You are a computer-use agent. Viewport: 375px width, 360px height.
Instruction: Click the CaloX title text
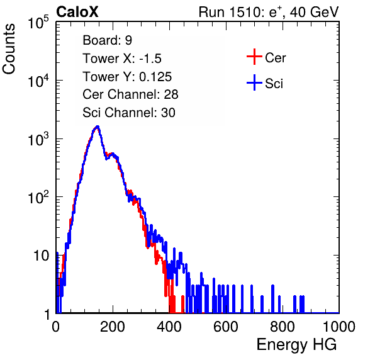[x=77, y=12]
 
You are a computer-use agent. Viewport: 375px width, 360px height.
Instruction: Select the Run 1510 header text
[x=269, y=13]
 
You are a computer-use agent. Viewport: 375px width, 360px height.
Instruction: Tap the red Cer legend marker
[x=254, y=57]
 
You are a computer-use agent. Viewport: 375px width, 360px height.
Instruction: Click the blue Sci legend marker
[x=254, y=82]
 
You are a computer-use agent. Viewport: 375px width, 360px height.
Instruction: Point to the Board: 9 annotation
[x=107, y=40]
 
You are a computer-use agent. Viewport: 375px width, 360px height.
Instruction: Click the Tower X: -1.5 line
[x=122, y=59]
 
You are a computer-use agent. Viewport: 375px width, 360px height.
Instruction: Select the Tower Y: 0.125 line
[x=127, y=77]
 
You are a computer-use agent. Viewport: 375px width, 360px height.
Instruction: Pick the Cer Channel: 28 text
[x=130, y=94]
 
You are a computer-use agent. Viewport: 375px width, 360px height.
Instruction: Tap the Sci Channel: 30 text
[x=129, y=113]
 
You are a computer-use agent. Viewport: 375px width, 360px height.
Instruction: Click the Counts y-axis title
[x=9, y=49]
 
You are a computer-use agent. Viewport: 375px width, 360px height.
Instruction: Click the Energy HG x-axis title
[x=296, y=345]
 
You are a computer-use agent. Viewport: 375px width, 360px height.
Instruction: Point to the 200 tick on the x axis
[x=113, y=327]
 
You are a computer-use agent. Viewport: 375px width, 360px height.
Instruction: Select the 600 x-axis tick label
[x=226, y=327]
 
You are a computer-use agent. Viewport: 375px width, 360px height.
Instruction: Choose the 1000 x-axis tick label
[x=339, y=327]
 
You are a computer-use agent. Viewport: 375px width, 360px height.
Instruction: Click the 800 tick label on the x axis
[x=283, y=327]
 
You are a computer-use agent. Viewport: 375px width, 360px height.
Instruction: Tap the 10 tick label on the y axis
[x=42, y=256]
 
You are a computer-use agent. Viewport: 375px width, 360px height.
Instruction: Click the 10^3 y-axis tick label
[x=38, y=138]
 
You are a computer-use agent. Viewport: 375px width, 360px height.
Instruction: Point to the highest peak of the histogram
[x=97, y=127]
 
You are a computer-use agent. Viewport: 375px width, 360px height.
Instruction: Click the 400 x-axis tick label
[x=169, y=327]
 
